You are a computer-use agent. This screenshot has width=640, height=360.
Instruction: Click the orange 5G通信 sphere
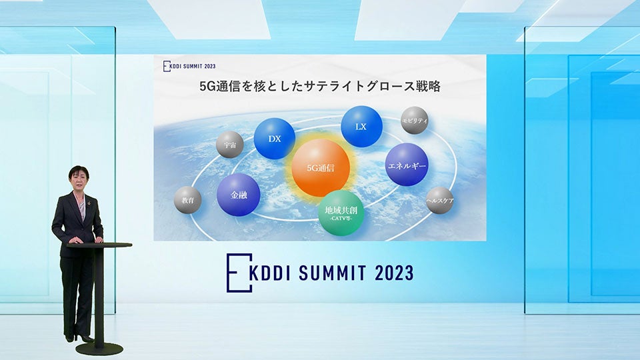coord(321,167)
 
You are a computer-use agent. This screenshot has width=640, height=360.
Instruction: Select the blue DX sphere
coord(274,139)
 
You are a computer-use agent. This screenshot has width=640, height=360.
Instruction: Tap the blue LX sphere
coord(361,126)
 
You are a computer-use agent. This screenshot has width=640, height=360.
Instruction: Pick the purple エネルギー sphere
coord(407,164)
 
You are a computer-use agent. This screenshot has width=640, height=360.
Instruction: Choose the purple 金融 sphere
coord(238,195)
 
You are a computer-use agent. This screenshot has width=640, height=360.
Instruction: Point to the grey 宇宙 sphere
coord(230,144)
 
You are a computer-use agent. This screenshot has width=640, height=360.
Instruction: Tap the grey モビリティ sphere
coord(414,121)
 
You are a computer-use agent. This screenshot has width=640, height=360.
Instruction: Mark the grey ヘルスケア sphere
coord(439,200)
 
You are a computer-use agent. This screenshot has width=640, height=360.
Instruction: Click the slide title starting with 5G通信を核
coord(321,86)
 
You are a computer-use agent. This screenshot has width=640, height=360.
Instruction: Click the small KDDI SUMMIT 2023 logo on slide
coord(190,65)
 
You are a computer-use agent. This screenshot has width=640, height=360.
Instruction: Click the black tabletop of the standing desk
coord(99,245)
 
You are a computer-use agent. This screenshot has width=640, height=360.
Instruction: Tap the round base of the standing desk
coord(99,348)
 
